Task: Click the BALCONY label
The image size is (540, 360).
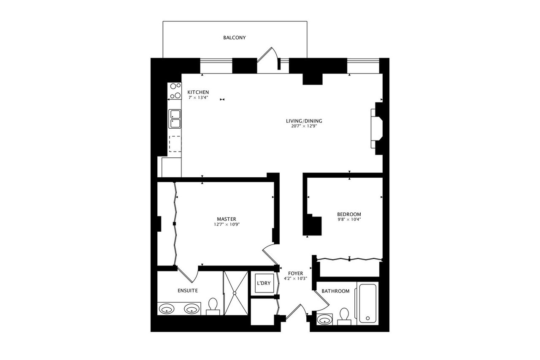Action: [234, 38]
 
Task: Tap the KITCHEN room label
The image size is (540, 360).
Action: [198, 92]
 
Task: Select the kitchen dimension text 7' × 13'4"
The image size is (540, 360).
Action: [198, 97]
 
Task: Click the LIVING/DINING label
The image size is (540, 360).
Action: [301, 121]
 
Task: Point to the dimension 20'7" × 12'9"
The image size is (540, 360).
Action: [301, 126]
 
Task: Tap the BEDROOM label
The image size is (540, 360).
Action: [349, 214]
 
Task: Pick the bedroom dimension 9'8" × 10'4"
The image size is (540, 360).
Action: [349, 219]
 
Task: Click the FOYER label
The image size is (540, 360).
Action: [295, 273]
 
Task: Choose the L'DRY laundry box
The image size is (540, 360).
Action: [263, 283]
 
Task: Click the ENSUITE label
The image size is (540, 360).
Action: [187, 290]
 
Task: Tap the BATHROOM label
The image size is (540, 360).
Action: [335, 291]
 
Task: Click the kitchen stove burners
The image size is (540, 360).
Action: [175, 90]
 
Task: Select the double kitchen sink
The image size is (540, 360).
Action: [175, 119]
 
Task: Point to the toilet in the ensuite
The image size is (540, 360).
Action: [213, 306]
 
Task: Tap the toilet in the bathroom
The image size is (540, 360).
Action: [345, 316]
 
